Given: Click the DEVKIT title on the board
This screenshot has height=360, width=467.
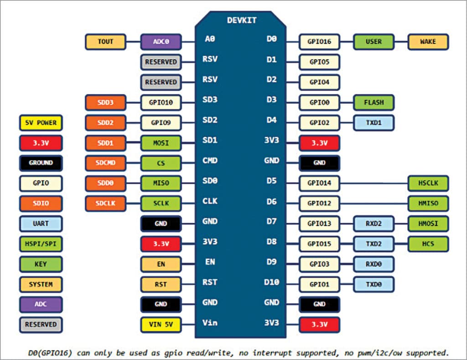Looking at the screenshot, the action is point(242,20).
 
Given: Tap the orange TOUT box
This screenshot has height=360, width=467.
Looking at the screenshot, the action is point(105,41).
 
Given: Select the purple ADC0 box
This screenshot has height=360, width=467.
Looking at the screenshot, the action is point(161,41).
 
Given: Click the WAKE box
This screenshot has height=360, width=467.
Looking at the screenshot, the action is point(428,41).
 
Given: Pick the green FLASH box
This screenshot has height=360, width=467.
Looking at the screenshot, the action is point(374,103).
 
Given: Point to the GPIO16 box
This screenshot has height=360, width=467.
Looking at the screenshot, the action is point(319,41).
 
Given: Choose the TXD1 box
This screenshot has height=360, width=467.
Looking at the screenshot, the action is point(374,123).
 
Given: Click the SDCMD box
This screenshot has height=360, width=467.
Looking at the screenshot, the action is point(105,163).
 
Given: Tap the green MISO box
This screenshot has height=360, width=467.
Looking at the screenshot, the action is point(161,183).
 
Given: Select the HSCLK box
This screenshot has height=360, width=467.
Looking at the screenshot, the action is point(428,183).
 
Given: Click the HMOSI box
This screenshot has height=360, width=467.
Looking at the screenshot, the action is point(428,224).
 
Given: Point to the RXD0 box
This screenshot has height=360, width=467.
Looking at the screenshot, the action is point(374,264).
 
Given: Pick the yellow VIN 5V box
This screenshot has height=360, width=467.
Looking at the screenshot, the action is point(161,324).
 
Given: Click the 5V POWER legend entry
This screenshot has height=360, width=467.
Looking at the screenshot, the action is point(41,123).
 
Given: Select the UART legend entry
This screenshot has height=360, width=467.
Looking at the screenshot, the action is point(41,224).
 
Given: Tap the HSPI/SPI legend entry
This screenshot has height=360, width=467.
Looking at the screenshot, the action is point(41,244).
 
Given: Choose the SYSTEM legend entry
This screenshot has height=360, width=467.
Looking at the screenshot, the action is point(41,284).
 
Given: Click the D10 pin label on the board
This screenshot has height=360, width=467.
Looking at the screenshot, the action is point(272,282).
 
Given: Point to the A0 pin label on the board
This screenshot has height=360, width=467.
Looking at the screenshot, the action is point(210,39).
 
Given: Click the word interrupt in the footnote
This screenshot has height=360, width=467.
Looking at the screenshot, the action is point(272,353).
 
